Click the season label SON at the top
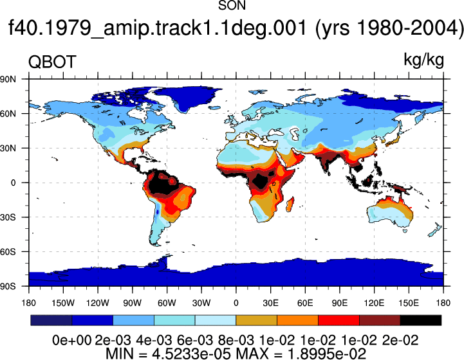pos(232,5)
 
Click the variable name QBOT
pos(52,62)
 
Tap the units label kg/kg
pos(423,60)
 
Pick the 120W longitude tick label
pos(98,303)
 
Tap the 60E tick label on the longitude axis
pos(305,303)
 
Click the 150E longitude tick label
pos(409,303)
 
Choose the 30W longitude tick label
pos(201,303)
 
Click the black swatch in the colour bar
pos(420,320)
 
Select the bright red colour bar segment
pos(339,320)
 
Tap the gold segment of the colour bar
pos(256,320)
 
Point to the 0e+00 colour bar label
pos(71,340)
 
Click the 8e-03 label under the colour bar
pos(236,340)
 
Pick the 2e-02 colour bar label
pos(400,340)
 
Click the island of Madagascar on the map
pos(290,204)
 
